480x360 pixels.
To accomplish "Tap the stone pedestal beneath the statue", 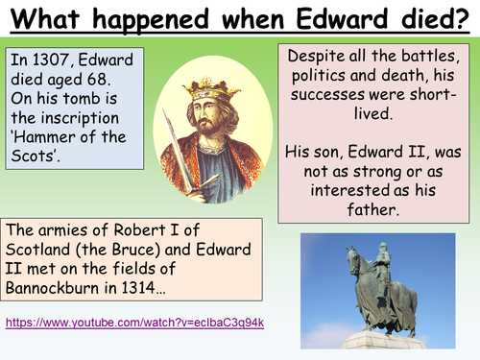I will point(384,341).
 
